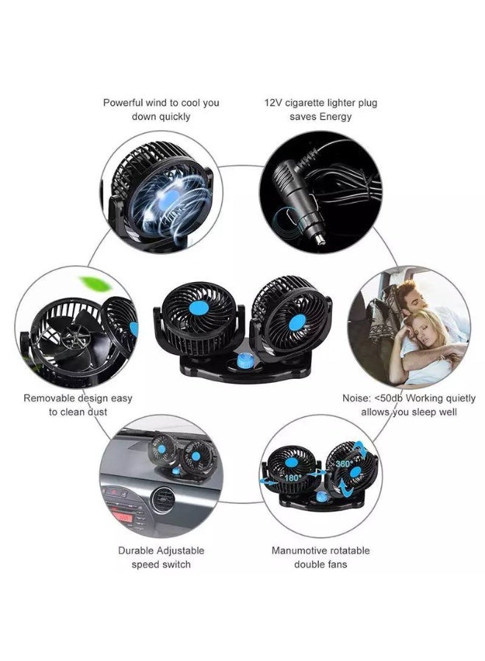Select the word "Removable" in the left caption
48,398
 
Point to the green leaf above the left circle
94,282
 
